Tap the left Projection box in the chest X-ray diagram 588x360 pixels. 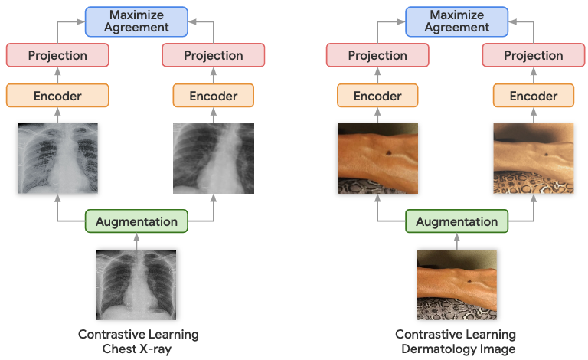point(57,55)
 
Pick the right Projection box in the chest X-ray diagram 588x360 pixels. point(214,55)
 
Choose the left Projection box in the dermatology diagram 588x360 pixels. point(377,55)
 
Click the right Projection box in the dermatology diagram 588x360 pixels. point(534,55)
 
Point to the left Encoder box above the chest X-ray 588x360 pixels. point(57,96)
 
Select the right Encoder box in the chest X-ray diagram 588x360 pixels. point(214,96)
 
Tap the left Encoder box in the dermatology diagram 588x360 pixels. point(377,96)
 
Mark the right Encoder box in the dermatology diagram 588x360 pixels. point(534,96)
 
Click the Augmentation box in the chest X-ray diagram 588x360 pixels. point(136,222)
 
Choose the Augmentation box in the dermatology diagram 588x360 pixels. point(456,222)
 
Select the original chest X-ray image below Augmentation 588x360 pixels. point(136,284)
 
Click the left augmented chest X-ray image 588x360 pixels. point(57,158)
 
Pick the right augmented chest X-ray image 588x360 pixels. point(214,158)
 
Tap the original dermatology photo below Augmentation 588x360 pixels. point(456,284)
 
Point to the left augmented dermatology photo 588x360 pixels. point(377,158)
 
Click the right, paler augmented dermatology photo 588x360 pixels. point(534,158)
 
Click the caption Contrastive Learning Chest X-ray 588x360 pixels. point(139,342)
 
